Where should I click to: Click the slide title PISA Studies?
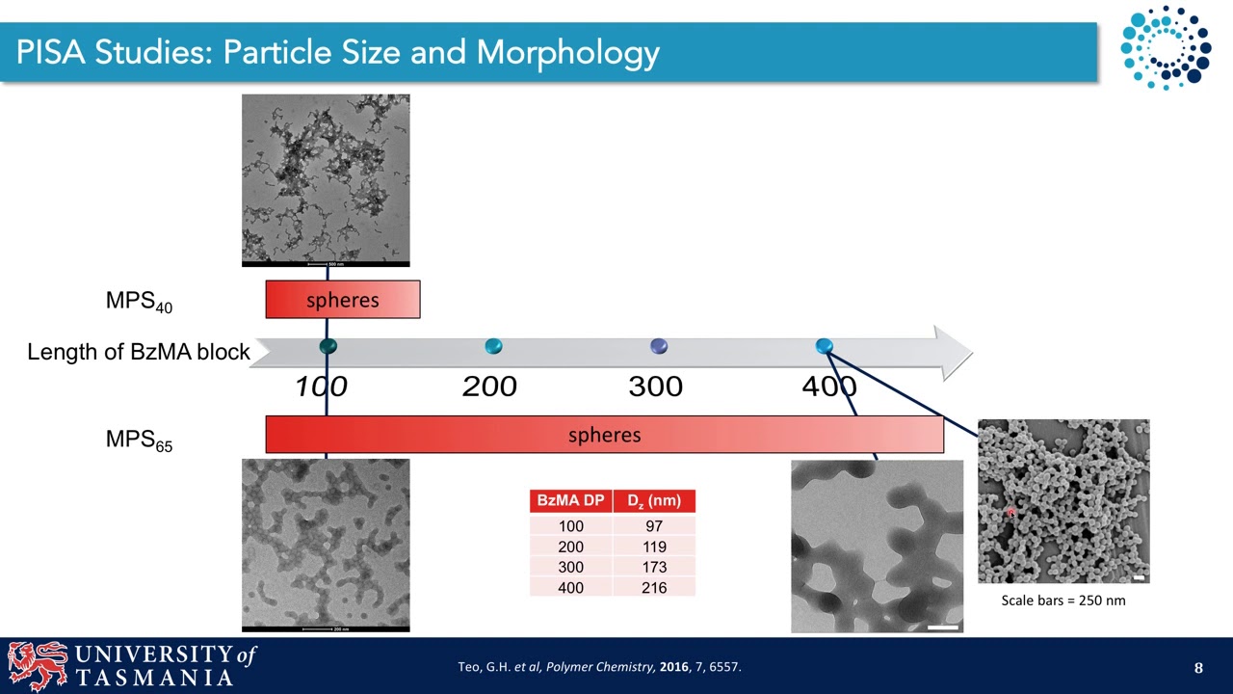(337, 52)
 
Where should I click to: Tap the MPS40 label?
(139, 302)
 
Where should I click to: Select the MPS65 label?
(139, 440)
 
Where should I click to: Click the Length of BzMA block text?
(138, 352)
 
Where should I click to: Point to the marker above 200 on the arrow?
(493, 346)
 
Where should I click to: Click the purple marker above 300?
(659, 346)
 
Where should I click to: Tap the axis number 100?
(321, 387)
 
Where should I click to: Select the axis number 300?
(655, 387)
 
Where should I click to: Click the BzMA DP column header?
(570, 501)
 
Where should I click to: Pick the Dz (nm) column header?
(654, 501)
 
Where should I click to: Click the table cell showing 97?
(654, 526)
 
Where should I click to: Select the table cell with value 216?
(654, 587)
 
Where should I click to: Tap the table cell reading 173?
(654, 567)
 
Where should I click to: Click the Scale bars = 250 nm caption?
(1062, 601)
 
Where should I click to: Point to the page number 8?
(1198, 668)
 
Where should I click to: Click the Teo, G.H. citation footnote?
(599, 667)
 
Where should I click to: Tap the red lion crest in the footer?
(39, 665)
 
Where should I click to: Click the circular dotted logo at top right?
(1165, 46)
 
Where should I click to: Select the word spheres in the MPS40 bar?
(342, 300)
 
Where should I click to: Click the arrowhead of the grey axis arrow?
(954, 352)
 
